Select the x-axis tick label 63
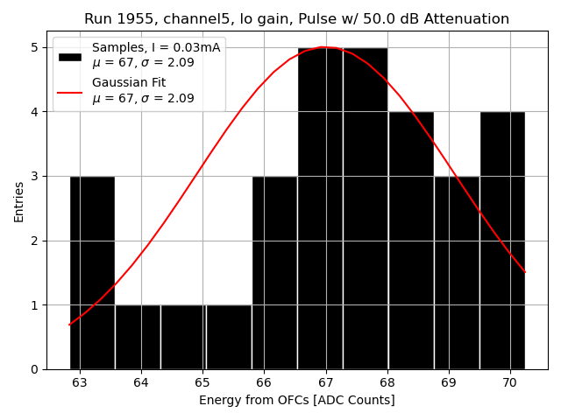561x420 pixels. coord(80,382)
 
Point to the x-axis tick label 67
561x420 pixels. coord(325,382)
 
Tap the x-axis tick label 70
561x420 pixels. coord(509,382)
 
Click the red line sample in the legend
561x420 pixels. coord(70,91)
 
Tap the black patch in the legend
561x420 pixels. coord(70,56)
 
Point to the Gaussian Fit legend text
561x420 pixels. coord(129,82)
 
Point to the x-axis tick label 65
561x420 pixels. coord(202,382)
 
